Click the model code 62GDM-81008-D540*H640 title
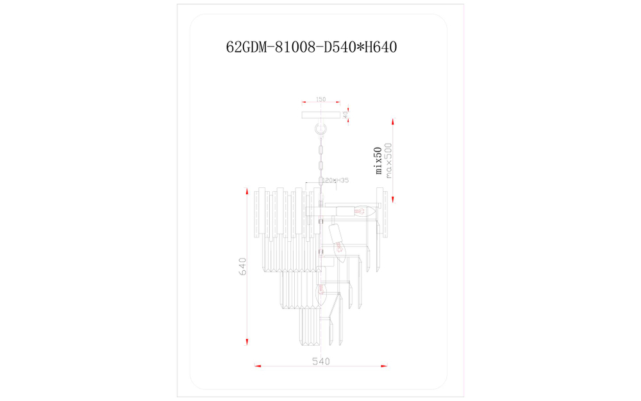312,47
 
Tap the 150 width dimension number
320,100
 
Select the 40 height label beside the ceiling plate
345,115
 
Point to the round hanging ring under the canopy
320,131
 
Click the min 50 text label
379,160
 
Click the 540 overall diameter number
320,362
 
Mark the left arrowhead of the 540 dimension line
258,366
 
